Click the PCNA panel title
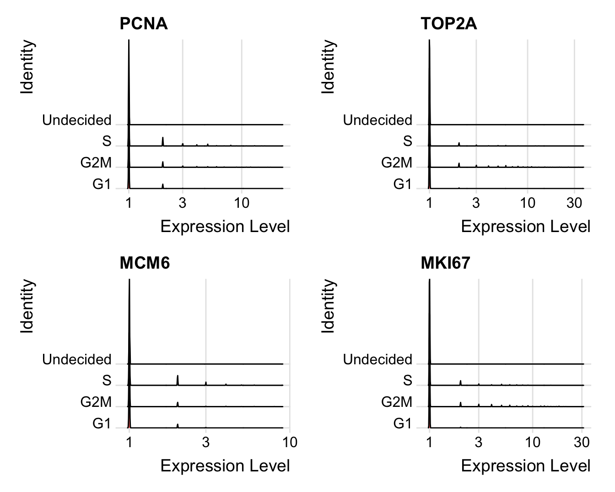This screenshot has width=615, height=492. click(x=144, y=24)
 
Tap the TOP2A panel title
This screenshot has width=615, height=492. click(x=448, y=24)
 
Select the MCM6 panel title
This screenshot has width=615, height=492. click(x=145, y=263)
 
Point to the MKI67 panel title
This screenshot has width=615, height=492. click(x=445, y=263)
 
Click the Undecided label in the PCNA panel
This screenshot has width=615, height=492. click(x=77, y=120)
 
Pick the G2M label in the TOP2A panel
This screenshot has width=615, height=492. click(x=397, y=163)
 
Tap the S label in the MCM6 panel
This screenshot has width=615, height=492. click(x=107, y=381)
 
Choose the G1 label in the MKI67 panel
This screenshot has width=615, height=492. click(x=403, y=424)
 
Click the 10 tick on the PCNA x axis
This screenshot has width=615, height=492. click(x=242, y=203)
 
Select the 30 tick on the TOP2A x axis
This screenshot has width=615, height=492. click(x=574, y=203)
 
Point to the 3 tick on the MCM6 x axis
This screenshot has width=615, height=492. click(x=206, y=442)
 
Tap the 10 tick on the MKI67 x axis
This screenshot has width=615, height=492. click(x=533, y=442)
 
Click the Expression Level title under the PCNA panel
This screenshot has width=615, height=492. click(x=225, y=227)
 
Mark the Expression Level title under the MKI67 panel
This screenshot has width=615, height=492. click(x=526, y=466)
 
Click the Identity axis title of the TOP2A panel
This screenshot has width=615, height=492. click(x=328, y=67)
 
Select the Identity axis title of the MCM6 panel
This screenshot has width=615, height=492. click(x=27, y=306)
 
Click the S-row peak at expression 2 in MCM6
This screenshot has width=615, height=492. click(x=178, y=380)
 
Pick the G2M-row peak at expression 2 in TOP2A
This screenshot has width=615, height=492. click(x=459, y=165)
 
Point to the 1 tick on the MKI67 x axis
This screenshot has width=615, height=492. click(x=429, y=442)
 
